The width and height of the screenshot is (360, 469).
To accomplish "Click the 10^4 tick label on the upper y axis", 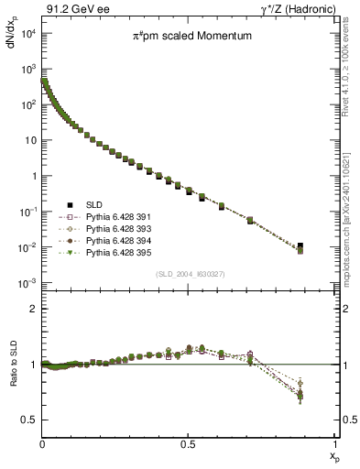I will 27,34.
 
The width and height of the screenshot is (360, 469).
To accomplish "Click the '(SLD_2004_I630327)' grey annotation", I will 189,274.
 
